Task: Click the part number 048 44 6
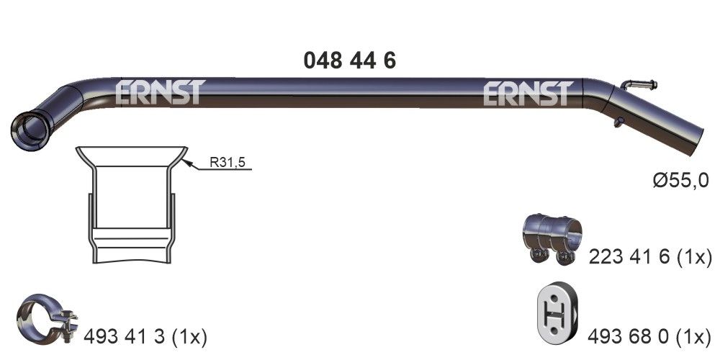click(349, 60)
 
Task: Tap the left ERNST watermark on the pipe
click(161, 92)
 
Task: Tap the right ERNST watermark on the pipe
click(528, 93)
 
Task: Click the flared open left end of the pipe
click(27, 129)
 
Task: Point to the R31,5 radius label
click(228, 163)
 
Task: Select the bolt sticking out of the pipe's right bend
click(639, 84)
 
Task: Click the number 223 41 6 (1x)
click(649, 256)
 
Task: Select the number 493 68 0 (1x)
click(649, 335)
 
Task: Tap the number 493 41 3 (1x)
click(146, 336)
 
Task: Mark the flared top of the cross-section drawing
click(132, 154)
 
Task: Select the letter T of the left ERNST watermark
click(195, 92)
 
